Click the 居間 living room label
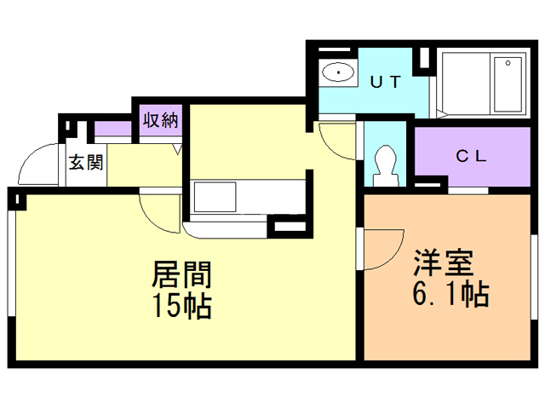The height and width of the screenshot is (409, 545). coord(181,274)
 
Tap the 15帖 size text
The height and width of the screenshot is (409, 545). coord(182,305)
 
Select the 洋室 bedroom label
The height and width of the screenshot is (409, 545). coord(444,263)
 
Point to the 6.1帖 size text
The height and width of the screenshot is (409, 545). coord(450,293)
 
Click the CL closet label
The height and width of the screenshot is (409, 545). coord(471,156)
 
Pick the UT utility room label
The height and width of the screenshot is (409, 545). coord(386,82)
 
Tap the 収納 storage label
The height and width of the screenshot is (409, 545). coord(161,120)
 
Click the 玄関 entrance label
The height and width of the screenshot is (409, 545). coord(86,162)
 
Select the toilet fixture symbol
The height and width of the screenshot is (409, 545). coord(385,165)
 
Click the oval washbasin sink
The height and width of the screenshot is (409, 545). coord(338,72)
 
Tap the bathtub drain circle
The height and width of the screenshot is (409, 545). coord(508,63)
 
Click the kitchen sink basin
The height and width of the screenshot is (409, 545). coord(215,197)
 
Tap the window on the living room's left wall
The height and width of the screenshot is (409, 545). coord(11,263)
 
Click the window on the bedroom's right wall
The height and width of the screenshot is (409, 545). coord(534,277)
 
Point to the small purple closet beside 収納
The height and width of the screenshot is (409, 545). coord(113,129)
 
